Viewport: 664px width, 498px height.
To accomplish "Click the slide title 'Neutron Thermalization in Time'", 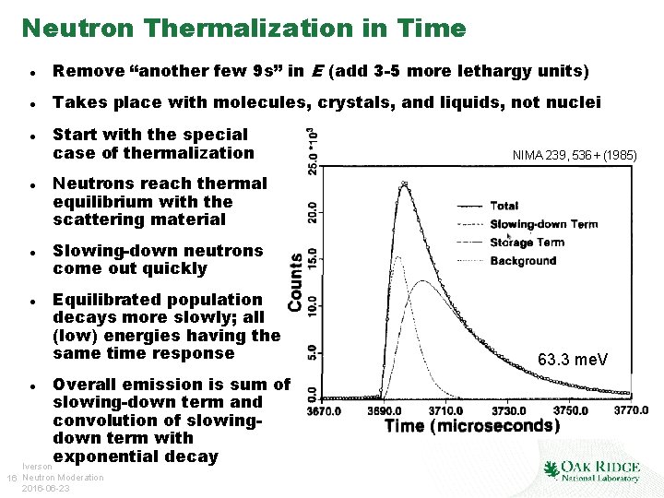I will click(243, 29).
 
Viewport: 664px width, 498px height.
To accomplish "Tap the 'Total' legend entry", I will click(504, 206).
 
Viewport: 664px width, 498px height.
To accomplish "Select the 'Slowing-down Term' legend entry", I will click(543, 224).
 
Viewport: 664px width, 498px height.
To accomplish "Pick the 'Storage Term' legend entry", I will click(527, 243).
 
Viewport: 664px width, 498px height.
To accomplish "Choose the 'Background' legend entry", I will click(523, 261).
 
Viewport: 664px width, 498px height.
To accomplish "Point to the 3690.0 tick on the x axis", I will click(384, 410).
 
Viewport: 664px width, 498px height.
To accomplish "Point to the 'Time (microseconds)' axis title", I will click(471, 426).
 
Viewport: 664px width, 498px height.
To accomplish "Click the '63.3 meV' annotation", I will click(573, 359).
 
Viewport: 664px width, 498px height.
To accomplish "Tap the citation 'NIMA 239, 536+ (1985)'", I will click(575, 156).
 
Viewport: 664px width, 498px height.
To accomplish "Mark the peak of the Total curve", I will click(404, 184).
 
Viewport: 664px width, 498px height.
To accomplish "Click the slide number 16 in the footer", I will click(10, 477).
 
